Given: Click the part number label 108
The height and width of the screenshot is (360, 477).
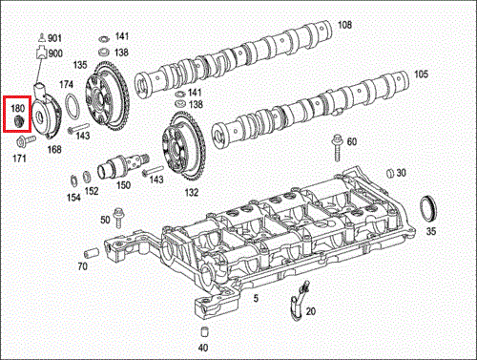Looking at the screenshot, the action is [344, 25].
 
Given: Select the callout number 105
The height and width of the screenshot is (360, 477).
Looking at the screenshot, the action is [421, 74].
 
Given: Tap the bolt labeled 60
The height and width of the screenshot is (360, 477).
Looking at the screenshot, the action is [337, 148].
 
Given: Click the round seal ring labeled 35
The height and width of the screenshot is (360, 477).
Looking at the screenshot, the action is [427, 208].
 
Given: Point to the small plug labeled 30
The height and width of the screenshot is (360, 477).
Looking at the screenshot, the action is [390, 173].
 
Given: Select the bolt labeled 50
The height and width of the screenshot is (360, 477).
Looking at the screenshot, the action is [118, 218].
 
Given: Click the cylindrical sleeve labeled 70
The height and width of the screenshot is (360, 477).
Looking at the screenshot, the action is [92, 253].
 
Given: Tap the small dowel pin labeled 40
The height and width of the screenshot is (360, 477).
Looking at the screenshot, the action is [204, 331].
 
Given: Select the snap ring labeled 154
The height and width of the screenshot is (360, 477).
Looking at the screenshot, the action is [73, 180].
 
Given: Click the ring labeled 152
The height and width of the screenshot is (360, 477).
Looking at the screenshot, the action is [86, 178].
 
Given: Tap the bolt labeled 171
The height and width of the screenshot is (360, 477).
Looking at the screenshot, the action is [26, 140].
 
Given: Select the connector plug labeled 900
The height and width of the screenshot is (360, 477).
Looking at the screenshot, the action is [41, 53].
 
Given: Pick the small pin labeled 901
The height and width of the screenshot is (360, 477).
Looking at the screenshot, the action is [42, 37].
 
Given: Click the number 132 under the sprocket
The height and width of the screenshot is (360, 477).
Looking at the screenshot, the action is [192, 192].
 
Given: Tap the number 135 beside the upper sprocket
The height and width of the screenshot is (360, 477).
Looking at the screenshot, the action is [80, 65].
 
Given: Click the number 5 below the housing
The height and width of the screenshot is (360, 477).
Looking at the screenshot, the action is [256, 298].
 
